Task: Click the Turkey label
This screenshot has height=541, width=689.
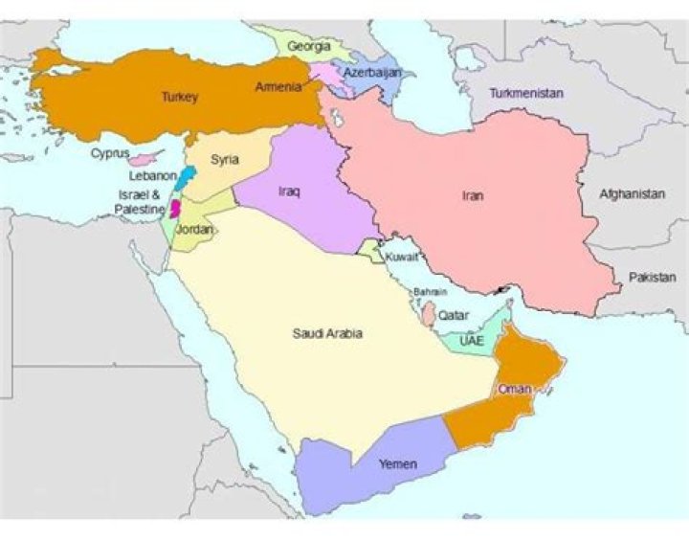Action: click(179, 97)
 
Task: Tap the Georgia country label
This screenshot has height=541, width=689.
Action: click(308, 46)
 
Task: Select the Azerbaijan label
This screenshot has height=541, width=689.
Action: click(372, 73)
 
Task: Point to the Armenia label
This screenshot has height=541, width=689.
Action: click(278, 87)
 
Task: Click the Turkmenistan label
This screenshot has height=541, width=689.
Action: click(525, 94)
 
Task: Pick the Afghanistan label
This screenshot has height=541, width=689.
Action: click(632, 193)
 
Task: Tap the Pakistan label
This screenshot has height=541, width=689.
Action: click(652, 277)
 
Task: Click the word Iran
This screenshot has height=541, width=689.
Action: click(473, 195)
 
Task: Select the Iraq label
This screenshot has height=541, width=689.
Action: click(289, 192)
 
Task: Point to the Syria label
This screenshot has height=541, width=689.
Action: click(225, 159)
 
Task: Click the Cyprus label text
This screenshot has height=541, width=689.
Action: click(110, 152)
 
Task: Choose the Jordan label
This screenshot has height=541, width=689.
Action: click(195, 230)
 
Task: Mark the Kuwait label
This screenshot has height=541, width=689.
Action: click(401, 257)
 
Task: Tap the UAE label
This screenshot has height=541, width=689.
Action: click(472, 341)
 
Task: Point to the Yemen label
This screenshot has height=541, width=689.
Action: click(397, 464)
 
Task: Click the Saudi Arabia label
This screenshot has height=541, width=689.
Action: click(327, 333)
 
